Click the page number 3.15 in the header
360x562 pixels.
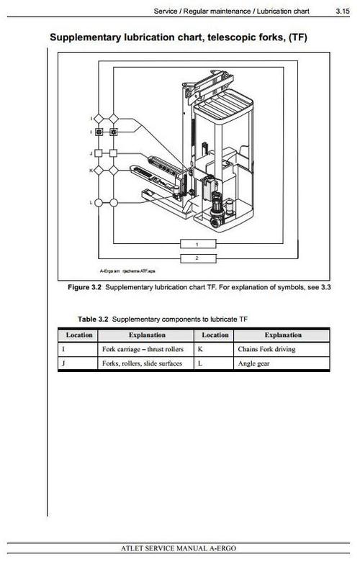(x=343, y=12)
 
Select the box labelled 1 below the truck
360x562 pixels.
(x=197, y=245)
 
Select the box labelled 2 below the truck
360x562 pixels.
(x=197, y=257)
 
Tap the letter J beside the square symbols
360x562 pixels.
(x=91, y=153)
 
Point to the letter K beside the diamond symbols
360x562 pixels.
(x=91, y=171)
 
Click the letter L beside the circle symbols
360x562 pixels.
(x=91, y=203)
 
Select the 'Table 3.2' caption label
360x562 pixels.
(x=94, y=319)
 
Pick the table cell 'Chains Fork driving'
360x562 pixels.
(x=266, y=350)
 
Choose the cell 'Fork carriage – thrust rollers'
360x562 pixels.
(x=143, y=350)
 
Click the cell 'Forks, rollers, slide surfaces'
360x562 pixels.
(x=142, y=364)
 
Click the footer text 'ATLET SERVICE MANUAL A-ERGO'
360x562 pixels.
(x=181, y=549)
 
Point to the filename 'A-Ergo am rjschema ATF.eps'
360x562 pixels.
(x=127, y=271)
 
